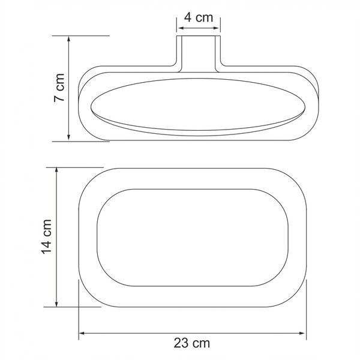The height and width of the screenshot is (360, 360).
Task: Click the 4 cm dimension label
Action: pyautogui.click(x=199, y=17)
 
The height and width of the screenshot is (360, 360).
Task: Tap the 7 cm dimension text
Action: pyautogui.click(x=59, y=88)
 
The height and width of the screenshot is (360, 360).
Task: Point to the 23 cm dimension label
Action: pyautogui.click(x=192, y=343)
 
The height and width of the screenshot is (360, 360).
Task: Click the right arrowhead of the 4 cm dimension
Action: pyautogui.click(x=215, y=28)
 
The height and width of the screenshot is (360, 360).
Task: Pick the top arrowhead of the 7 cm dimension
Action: pyautogui.click(x=68, y=40)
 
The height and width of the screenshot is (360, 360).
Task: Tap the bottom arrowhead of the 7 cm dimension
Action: pyautogui.click(x=68, y=137)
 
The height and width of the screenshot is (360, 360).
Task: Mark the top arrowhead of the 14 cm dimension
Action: pyautogui.click(x=56, y=171)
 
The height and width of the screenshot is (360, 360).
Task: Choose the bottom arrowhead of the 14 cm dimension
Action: pyautogui.click(x=56, y=303)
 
